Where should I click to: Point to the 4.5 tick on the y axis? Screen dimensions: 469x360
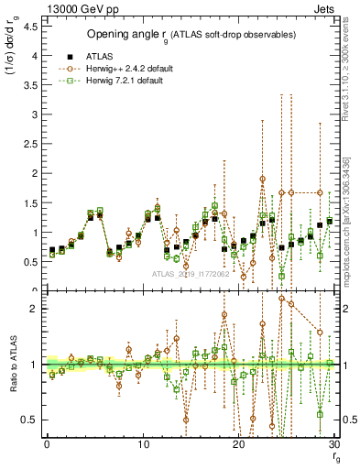(32, 27)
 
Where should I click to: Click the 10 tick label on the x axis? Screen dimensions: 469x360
(143, 444)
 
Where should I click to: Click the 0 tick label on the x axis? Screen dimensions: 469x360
(47, 444)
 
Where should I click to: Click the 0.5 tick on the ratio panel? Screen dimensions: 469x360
(32, 420)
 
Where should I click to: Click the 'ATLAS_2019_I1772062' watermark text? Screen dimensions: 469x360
(191, 274)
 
